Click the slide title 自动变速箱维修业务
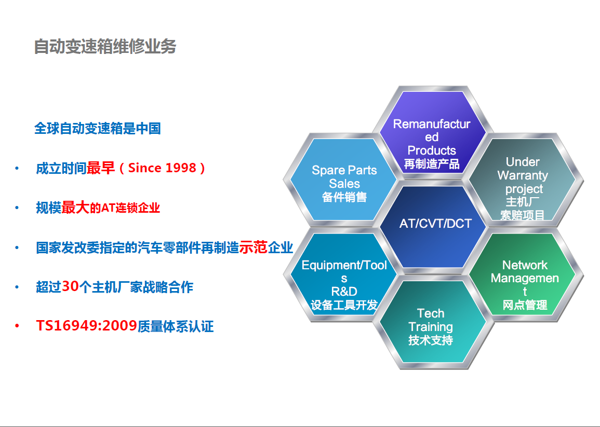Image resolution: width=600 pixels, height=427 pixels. click(x=105, y=47)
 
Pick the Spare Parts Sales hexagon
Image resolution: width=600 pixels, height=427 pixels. click(x=343, y=180)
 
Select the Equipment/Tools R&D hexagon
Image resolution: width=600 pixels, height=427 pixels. click(x=343, y=274)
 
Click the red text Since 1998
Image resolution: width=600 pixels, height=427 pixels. click(x=162, y=168)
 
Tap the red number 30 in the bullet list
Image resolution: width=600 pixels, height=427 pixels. click(x=70, y=286)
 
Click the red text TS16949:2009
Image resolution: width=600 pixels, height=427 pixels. click(x=86, y=326)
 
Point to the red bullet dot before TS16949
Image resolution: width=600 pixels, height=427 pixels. click(x=17, y=326)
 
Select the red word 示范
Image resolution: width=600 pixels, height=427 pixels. click(x=253, y=247)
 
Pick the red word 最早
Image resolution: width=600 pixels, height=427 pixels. click(x=101, y=168)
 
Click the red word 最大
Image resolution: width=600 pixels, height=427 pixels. click(x=75, y=208)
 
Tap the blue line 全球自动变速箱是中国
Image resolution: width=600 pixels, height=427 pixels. click(x=98, y=129)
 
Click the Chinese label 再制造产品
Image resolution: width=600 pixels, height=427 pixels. click(x=432, y=164)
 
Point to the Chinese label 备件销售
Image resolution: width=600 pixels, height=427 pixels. click(x=344, y=197)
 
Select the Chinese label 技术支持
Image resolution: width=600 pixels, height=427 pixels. click(x=431, y=340)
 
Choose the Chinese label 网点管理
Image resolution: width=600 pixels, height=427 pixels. click(x=525, y=305)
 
